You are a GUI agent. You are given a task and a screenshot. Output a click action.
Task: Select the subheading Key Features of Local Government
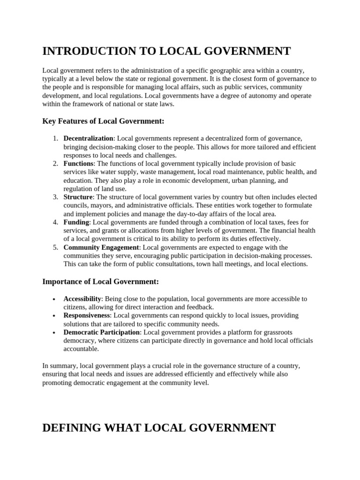click(x=104, y=121)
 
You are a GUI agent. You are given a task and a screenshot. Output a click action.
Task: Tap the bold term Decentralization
click(x=88, y=138)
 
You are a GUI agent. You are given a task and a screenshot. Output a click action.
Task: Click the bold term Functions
click(x=79, y=164)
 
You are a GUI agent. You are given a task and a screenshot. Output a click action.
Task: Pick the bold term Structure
click(x=78, y=197)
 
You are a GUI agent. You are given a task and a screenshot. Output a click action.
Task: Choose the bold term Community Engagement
click(x=101, y=247)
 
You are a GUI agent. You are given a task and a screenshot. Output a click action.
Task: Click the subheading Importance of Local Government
click(x=101, y=282)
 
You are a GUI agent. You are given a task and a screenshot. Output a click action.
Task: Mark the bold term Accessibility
click(x=82, y=299)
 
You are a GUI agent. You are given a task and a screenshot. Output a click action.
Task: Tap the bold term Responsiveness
click(x=87, y=315)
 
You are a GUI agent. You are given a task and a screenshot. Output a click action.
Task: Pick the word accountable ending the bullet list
click(x=81, y=349)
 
